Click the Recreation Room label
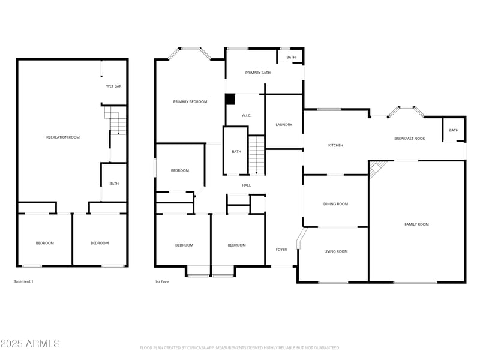(63, 137)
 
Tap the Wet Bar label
(114, 86)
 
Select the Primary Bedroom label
(190, 102)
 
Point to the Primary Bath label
(258, 73)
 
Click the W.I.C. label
(246, 115)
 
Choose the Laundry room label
(284, 125)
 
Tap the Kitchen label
(335, 145)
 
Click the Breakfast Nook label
(409, 139)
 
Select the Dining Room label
(335, 204)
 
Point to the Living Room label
(335, 251)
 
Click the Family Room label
(416, 224)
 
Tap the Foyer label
(281, 250)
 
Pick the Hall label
(247, 185)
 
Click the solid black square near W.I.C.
(230, 99)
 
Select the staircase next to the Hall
(257, 155)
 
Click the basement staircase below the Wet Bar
(115, 119)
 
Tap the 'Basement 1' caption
(23, 281)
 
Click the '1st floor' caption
(162, 281)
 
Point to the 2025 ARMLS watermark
(30, 344)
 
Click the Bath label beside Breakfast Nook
(454, 130)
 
